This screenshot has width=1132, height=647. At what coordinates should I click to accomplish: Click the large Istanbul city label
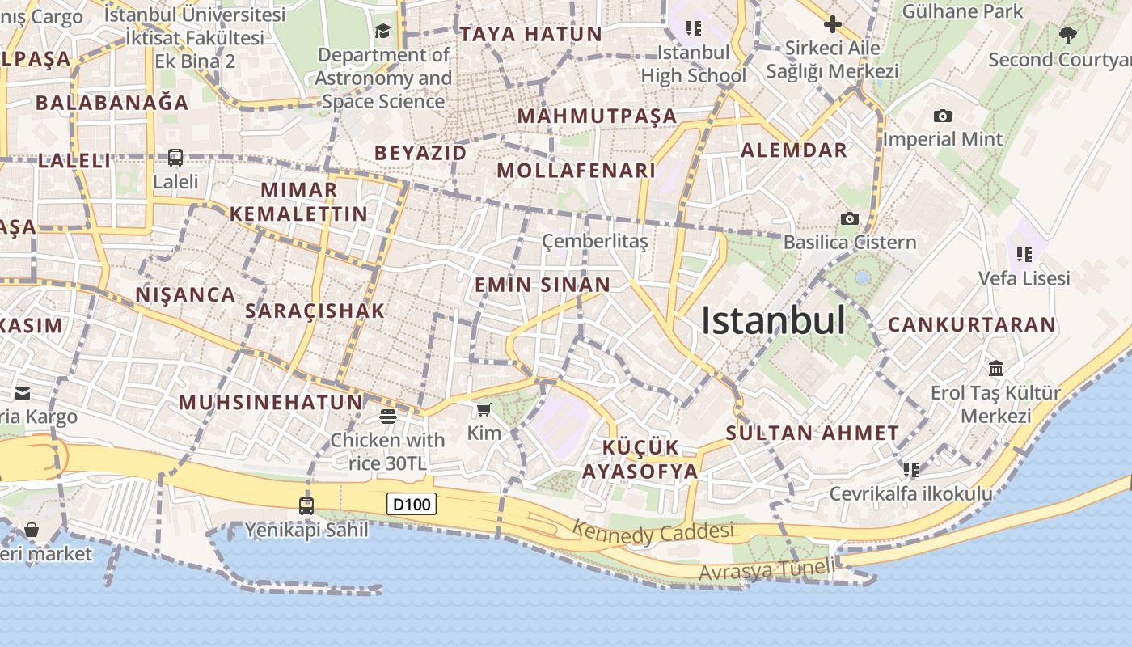tap(773, 321)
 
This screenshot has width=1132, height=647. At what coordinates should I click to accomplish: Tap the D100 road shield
tap(412, 505)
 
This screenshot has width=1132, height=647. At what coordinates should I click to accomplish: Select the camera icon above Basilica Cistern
tap(849, 218)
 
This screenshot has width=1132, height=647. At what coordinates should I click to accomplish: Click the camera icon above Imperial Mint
tap(942, 116)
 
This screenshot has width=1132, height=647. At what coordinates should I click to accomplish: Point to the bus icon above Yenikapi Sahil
tap(306, 506)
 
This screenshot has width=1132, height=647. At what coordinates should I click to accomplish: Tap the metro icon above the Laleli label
tap(175, 158)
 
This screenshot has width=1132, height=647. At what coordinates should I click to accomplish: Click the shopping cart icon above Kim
tap(484, 410)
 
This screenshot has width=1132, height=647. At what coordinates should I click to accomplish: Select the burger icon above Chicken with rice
tap(388, 417)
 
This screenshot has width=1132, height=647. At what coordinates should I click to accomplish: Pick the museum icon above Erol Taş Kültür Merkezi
tap(996, 369)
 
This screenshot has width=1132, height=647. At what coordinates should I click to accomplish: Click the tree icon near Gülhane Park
tap(1067, 35)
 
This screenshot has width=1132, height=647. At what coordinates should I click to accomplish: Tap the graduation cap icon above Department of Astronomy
tap(382, 32)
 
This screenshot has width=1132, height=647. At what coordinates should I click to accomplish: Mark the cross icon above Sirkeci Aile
tap(832, 24)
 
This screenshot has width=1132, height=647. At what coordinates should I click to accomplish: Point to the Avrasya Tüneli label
tap(767, 569)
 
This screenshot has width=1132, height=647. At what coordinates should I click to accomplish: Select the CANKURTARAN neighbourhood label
tap(972, 325)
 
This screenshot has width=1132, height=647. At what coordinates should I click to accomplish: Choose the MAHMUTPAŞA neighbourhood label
tap(597, 116)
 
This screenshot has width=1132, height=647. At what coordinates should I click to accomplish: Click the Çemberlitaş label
tap(594, 241)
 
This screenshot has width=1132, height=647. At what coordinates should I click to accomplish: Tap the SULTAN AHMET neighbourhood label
tap(812, 433)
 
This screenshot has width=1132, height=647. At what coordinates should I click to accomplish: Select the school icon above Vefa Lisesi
tap(1024, 255)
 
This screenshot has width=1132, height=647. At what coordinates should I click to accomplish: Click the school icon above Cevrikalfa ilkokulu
tap(911, 470)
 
